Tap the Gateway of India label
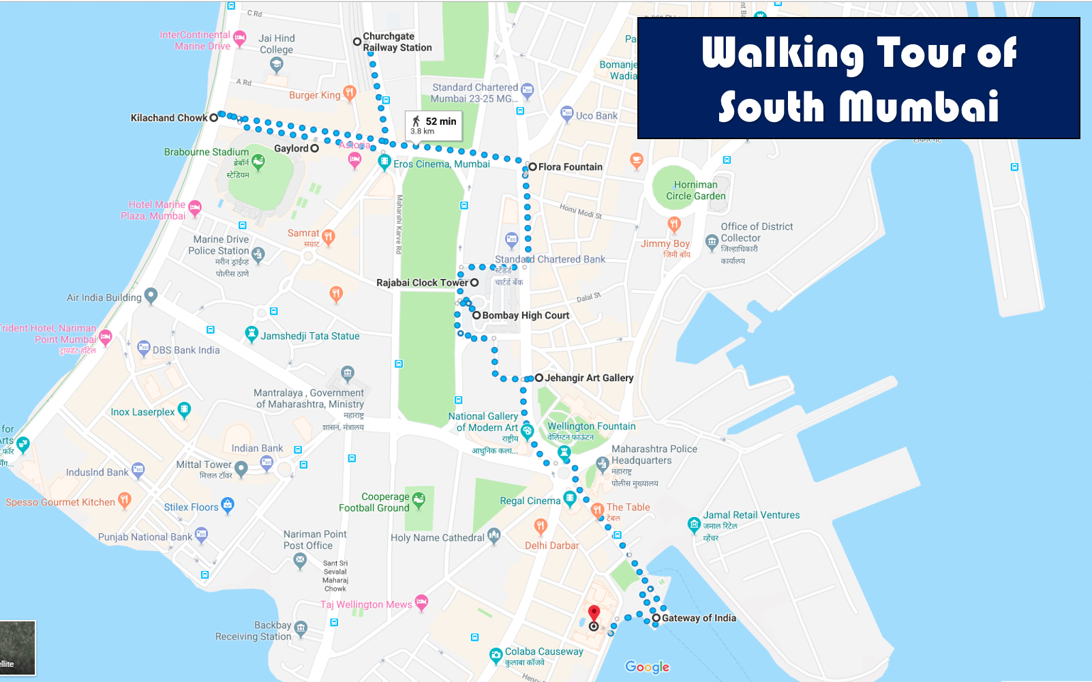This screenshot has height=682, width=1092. (x=699, y=618)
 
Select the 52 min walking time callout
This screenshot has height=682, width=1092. (x=434, y=125)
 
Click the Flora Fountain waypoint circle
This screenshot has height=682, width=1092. (x=532, y=166)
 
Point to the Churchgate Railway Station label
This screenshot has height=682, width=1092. (x=397, y=42)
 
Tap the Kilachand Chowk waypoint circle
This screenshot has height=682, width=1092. (x=213, y=117)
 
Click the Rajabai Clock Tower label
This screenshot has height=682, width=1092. (x=422, y=282)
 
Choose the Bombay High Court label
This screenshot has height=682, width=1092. (x=526, y=315)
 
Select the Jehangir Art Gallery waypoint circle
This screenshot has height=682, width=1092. (x=539, y=377)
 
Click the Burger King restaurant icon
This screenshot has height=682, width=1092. (x=350, y=92)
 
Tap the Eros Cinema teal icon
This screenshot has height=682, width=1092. (x=384, y=162)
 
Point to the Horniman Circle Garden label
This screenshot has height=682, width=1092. (x=695, y=190)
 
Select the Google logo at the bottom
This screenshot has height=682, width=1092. (x=647, y=667)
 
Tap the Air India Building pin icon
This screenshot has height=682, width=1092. (x=151, y=295)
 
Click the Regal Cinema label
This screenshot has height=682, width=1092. (x=530, y=501)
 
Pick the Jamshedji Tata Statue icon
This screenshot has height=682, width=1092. (x=252, y=334)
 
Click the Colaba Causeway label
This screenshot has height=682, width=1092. (x=544, y=651)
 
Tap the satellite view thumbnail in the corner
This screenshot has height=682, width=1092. (x=18, y=647)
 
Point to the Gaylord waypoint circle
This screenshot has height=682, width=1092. (x=314, y=148)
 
